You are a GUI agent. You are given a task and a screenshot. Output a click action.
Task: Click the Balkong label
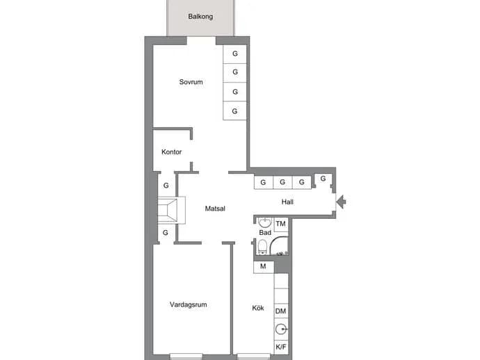(200, 17)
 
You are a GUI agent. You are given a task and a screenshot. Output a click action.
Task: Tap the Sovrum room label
(191, 82)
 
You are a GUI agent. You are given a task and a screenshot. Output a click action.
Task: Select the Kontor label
(171, 152)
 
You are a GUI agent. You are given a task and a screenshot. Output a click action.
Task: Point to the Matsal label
(215, 208)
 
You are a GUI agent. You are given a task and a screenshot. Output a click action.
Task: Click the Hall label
(287, 202)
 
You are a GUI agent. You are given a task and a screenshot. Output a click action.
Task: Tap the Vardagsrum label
(189, 304)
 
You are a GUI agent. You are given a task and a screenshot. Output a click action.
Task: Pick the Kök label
(258, 308)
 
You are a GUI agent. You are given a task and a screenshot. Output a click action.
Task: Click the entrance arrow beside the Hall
(341, 202)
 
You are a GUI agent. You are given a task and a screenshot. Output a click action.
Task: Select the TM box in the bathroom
(281, 224)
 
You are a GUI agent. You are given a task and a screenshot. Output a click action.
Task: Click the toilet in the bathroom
(262, 247)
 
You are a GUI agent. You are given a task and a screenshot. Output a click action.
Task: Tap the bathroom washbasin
(265, 222)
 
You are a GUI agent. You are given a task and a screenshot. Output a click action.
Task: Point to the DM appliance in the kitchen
(281, 311)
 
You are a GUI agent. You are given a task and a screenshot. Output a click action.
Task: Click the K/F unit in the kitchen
(281, 347)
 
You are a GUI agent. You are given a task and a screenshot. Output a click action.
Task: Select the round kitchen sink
(281, 329)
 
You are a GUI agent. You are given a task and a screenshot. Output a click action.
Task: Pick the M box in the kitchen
(263, 267)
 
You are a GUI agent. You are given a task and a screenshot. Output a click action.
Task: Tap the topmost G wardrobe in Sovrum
(235, 54)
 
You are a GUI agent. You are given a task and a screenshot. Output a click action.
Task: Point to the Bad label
(265, 233)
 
